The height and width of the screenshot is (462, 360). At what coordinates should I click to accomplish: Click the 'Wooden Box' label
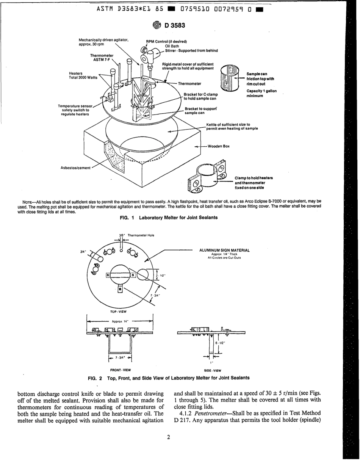pyautogui.click(x=219, y=146)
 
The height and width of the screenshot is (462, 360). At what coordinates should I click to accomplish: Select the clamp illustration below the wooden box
pyautogui.click(x=207, y=177)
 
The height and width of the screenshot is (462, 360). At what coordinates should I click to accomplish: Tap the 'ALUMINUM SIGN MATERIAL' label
pyautogui.click(x=224, y=250)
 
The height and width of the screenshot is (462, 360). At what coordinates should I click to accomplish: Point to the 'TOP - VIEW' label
pyautogui.click(x=118, y=312)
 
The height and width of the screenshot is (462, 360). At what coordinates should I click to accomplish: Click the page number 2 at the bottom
pyautogui.click(x=169, y=437)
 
